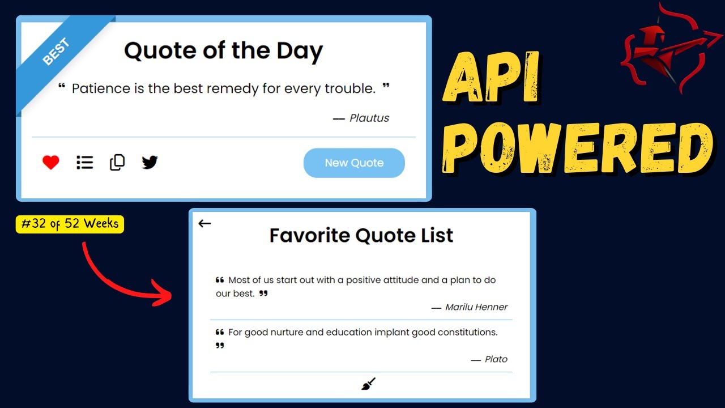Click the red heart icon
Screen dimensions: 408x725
click(51, 163)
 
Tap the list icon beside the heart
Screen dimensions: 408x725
click(84, 163)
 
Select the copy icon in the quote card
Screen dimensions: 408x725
click(117, 162)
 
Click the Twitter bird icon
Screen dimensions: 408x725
click(150, 163)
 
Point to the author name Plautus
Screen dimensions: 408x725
click(369, 118)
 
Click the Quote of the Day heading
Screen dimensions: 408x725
click(223, 50)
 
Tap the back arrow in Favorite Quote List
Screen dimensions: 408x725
click(204, 223)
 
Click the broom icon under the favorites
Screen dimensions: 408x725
click(368, 384)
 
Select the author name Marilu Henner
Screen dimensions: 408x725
click(476, 307)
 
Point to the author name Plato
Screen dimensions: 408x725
click(496, 359)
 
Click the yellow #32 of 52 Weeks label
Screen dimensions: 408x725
click(70, 224)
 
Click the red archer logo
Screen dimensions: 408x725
click(671, 51)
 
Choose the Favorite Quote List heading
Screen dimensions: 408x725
click(361, 235)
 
